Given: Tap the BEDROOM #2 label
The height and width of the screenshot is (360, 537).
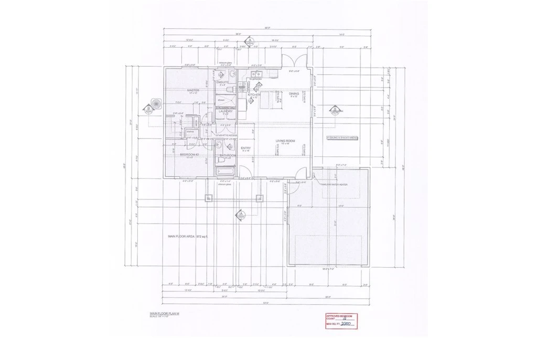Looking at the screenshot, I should pos(189,155).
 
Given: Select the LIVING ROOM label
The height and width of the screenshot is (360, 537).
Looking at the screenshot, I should pos(287,141).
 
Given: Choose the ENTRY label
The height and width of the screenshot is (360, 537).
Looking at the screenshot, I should pos(245,149).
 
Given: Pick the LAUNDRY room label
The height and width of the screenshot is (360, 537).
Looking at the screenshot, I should pos(225,111).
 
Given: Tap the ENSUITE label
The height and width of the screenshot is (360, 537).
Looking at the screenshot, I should pos(222,82).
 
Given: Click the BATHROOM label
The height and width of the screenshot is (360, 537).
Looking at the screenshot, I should pos(227,155).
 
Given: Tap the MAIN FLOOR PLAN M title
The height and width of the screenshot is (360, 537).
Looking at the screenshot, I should pos(164,313).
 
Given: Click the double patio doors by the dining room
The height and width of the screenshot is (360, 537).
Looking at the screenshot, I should pos(292,61).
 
